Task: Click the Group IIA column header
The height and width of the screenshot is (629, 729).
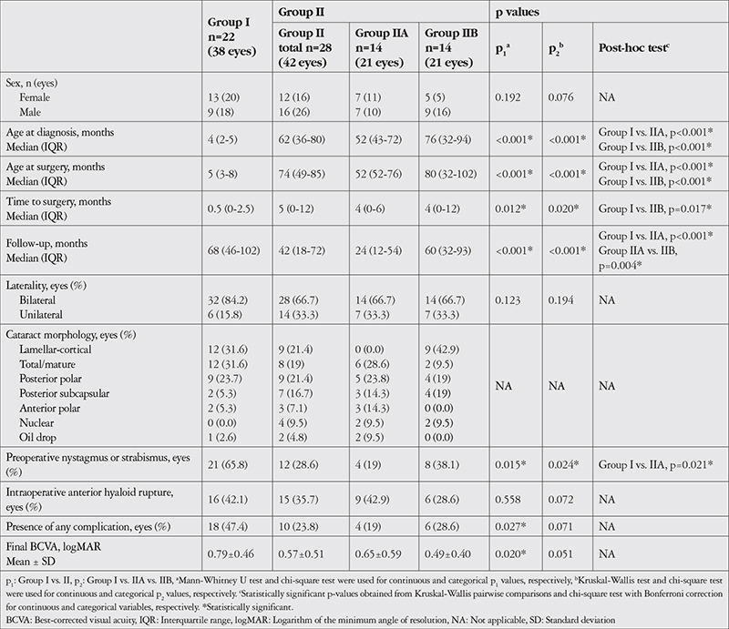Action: click(381, 48)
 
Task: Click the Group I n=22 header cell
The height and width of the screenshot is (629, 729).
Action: click(231, 36)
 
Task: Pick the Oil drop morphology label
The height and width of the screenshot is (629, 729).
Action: click(37, 437)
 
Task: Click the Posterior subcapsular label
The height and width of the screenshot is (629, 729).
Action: click(64, 393)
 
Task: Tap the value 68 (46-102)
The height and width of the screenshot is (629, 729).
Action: click(233, 250)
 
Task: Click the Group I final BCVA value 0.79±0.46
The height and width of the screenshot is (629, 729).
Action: click(231, 553)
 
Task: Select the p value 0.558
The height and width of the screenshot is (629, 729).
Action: click(508, 500)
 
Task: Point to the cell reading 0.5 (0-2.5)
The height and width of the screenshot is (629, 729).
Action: click(231, 208)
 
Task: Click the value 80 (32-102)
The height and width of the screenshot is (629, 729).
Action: click(450, 174)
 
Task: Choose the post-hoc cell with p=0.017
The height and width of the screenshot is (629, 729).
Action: click(655, 208)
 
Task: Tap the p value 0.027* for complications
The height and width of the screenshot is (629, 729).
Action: click(510, 526)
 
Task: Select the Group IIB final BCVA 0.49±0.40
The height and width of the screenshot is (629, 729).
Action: click(447, 553)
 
